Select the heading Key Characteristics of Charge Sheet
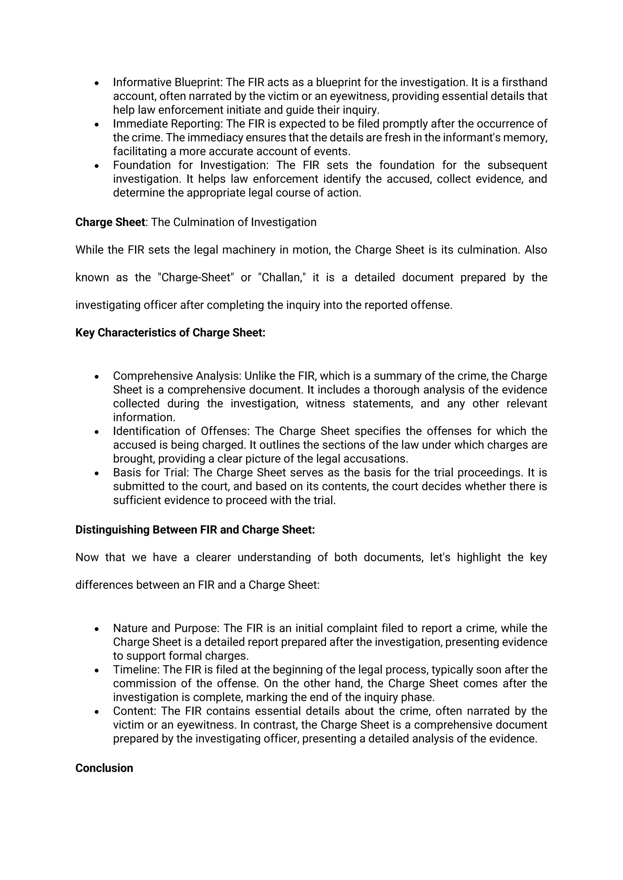pyautogui.click(x=170, y=332)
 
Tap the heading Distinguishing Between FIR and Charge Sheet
pyautogui.click(x=195, y=529)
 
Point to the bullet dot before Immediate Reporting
pyautogui.click(x=97, y=125)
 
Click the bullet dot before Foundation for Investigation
pyautogui.click(x=97, y=166)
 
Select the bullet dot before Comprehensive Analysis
pyautogui.click(x=97, y=377)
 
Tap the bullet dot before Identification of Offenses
pyautogui.click(x=97, y=432)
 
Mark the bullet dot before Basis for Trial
pyautogui.click(x=97, y=473)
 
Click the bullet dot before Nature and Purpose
pyautogui.click(x=97, y=629)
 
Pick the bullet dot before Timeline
pyautogui.click(x=97, y=670)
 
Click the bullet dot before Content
pyautogui.click(x=97, y=712)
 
